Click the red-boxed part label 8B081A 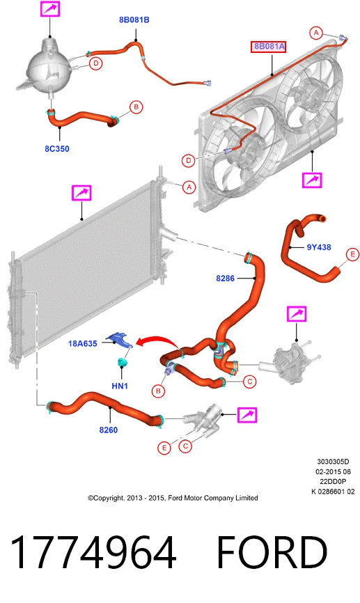pos(269,47)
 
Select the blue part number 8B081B pos(134,20)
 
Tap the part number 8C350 pos(57,149)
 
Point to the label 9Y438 pos(319,247)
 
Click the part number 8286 pos(225,278)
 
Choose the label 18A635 pos(82,343)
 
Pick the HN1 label pos(120,385)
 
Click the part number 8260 pos(109,430)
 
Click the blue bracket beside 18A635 pos(119,340)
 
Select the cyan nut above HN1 pos(122,362)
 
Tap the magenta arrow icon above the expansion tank pos(50,8)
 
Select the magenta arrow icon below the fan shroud pos(312,180)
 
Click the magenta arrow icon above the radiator pos(81,193)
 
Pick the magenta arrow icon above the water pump pos(297,314)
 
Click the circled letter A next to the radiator pos(189,187)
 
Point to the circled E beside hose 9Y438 pos(352,254)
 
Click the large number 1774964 pos(93,553)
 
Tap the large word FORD pos(272,553)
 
